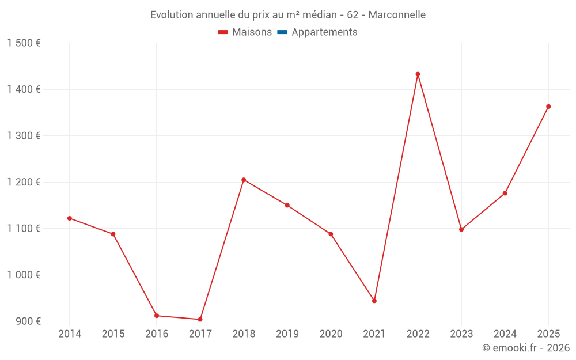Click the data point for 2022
click(x=418, y=74)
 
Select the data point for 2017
click(x=200, y=319)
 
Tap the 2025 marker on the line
click(x=548, y=107)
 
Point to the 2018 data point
click(x=244, y=180)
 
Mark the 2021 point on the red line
click(x=374, y=301)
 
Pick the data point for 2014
click(x=70, y=218)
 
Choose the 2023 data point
click(x=461, y=229)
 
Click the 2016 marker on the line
click(x=157, y=316)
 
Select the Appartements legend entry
click(x=324, y=32)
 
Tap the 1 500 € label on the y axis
click(x=24, y=43)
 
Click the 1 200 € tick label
click(x=24, y=182)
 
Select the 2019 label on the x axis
click(x=287, y=334)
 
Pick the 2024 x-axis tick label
click(x=505, y=334)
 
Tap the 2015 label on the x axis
click(x=113, y=334)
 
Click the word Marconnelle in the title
click(x=397, y=15)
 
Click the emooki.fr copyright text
click(x=526, y=348)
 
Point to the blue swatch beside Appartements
click(x=282, y=32)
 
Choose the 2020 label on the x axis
click(x=331, y=334)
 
